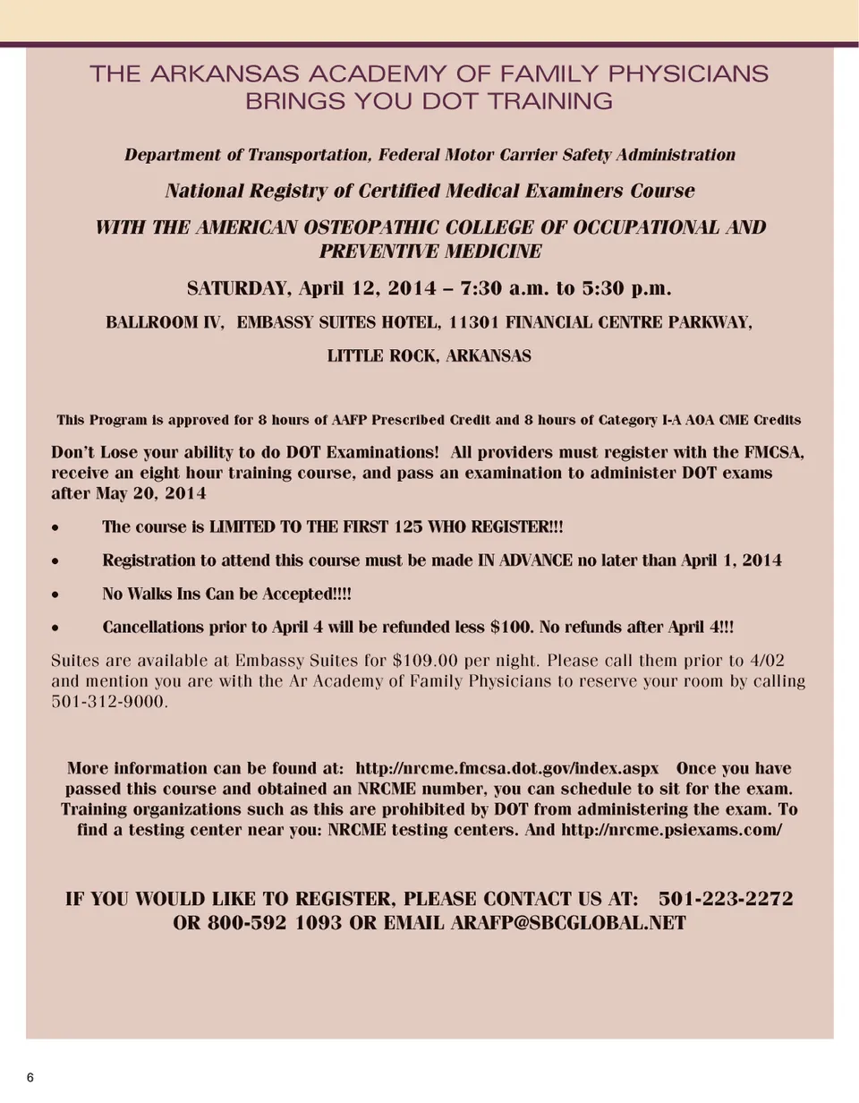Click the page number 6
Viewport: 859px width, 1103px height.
click(30, 1077)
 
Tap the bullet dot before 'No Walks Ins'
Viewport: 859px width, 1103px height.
click(56, 595)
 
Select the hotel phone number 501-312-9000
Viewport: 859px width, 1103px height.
click(108, 701)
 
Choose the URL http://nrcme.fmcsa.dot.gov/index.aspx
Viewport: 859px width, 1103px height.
click(507, 768)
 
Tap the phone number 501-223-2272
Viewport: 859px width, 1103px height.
click(726, 899)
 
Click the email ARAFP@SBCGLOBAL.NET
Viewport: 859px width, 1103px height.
click(566, 923)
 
